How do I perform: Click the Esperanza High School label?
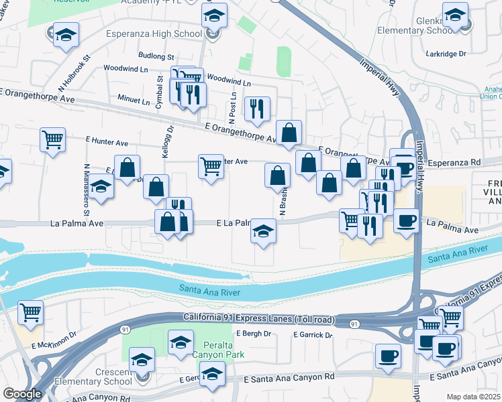click(x=154, y=33)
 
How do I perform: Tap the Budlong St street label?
click(x=156, y=57)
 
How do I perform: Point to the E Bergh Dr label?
click(x=253, y=334)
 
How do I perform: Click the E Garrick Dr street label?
click(x=312, y=334)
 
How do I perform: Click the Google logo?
click(x=22, y=394)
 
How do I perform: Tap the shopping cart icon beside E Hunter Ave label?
click(x=52, y=140)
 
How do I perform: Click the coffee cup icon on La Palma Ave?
click(x=406, y=220)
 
